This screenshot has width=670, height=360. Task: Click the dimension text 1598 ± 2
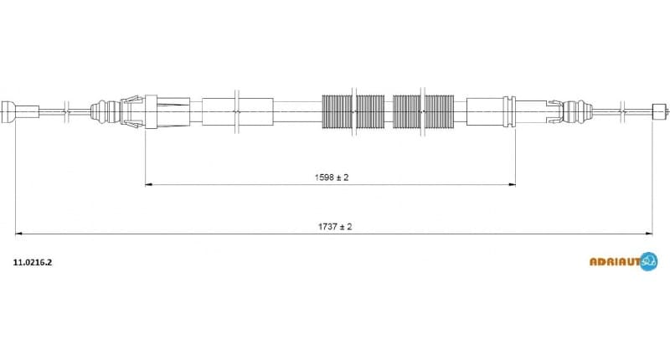click(x=331, y=177)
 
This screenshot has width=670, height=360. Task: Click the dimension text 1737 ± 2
click(x=334, y=227)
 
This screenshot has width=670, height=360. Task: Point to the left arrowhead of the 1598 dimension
click(x=149, y=184)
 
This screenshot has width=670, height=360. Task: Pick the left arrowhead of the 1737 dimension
click(x=19, y=234)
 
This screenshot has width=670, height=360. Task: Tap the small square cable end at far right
click(x=659, y=109)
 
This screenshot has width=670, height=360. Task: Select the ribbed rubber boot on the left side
click(x=105, y=110)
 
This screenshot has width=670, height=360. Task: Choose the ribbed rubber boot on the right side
click(x=575, y=110)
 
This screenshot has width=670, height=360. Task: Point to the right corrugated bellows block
click(x=424, y=110)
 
